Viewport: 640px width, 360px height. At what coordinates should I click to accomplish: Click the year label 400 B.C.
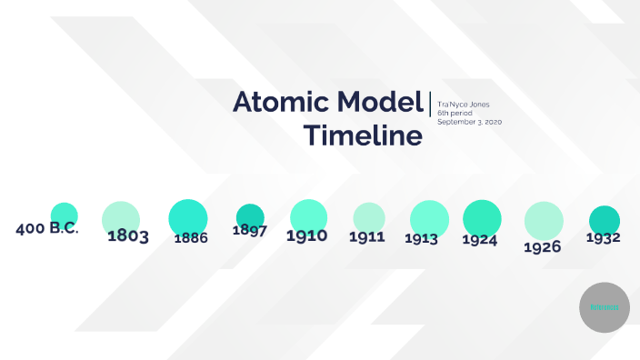pyautogui.click(x=47, y=228)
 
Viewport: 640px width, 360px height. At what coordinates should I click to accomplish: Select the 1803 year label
pyautogui.click(x=128, y=236)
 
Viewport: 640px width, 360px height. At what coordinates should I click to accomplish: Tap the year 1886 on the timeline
pyautogui.click(x=191, y=238)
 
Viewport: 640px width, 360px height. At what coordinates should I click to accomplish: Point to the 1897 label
pyautogui.click(x=249, y=230)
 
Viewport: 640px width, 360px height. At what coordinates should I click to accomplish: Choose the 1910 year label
pyautogui.click(x=307, y=235)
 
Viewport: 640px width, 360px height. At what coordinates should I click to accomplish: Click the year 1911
pyautogui.click(x=366, y=236)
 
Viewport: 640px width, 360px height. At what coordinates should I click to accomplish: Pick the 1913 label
pyautogui.click(x=423, y=239)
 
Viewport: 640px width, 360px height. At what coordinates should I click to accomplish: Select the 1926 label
pyautogui.click(x=543, y=246)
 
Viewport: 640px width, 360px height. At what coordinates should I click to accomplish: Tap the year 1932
pyautogui.click(x=603, y=238)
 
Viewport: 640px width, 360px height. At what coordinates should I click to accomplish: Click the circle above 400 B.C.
pyautogui.click(x=64, y=215)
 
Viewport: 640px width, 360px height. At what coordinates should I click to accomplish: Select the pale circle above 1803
pyautogui.click(x=121, y=216)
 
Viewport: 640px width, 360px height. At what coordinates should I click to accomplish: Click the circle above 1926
pyautogui.click(x=544, y=219)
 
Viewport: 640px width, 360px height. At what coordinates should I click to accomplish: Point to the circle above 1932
pyautogui.click(x=605, y=219)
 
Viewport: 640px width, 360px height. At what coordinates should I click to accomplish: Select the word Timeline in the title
pyautogui.click(x=363, y=135)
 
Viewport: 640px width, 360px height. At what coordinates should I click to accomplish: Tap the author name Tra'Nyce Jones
pyautogui.click(x=463, y=105)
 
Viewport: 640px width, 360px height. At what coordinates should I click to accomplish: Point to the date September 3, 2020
pyautogui.click(x=469, y=121)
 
